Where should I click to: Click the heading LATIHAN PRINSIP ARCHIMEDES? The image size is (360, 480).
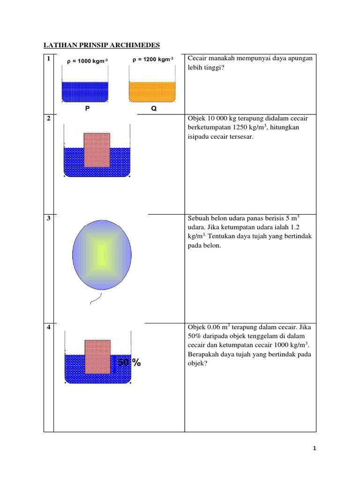tap(102, 45)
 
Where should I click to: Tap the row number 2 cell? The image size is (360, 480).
tap(48, 119)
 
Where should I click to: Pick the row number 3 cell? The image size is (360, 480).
tap(48, 218)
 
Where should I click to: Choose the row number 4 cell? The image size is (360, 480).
tap(48, 327)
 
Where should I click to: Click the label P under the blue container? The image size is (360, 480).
tap(87, 108)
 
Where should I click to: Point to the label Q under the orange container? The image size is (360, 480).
tap(153, 109)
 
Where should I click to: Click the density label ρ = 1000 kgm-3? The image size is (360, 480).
tap(88, 61)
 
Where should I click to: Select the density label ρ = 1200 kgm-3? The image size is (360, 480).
tap(152, 60)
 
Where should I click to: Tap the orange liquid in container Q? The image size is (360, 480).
tap(152, 92)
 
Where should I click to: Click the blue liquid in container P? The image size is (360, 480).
tap(85, 92)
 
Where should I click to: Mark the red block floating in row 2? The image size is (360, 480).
tap(97, 150)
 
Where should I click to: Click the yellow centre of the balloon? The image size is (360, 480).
tap(102, 253)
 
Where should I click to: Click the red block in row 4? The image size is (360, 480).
tap(97, 357)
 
